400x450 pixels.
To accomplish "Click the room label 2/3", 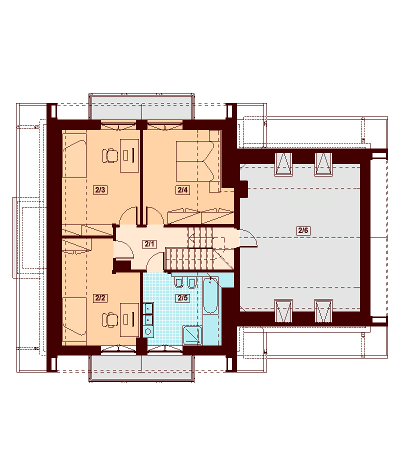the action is click(x=100, y=190).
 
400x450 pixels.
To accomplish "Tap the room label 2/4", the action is click(x=183, y=190).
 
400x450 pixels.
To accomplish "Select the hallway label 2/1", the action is click(x=149, y=244).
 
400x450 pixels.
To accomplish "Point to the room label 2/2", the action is click(x=100, y=298).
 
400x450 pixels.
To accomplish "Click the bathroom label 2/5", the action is click(x=183, y=298).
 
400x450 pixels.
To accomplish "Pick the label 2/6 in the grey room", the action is click(x=303, y=230).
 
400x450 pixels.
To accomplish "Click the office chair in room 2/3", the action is click(x=109, y=155).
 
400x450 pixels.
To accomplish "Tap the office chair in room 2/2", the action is click(x=109, y=319).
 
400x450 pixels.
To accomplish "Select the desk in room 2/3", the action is click(x=129, y=155).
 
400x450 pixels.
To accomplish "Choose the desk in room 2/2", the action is click(x=129, y=319).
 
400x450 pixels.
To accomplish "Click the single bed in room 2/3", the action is click(x=74, y=155).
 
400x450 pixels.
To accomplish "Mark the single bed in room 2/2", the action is click(x=74, y=319).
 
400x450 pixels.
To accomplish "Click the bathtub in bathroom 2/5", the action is click(x=210, y=295).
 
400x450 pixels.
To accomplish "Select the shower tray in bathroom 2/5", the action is click(x=192, y=335).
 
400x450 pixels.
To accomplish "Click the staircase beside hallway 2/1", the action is click(x=199, y=249).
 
